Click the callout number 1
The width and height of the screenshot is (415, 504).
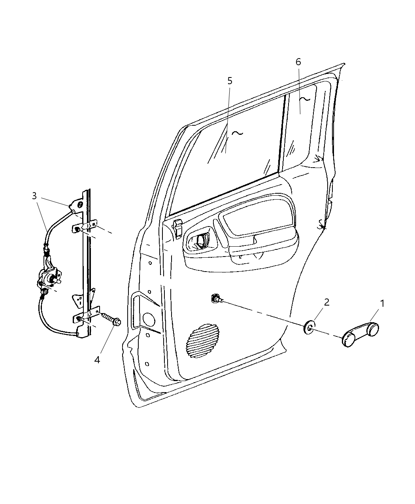tap(382, 304)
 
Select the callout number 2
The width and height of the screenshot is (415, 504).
tap(326, 302)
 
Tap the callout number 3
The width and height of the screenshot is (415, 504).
tap(34, 196)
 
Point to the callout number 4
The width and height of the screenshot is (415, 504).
tap(97, 360)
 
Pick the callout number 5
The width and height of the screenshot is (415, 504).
tap(230, 81)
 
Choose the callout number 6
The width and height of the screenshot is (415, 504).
tap(298, 62)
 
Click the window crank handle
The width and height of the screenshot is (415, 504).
tap(360, 334)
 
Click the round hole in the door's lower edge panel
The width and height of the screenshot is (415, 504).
tap(149, 319)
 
